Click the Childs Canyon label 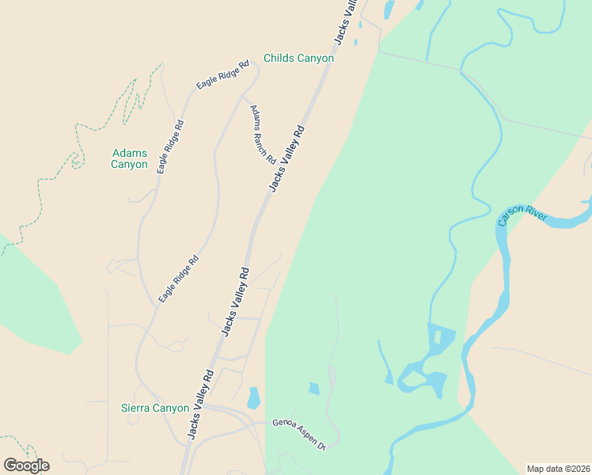[x=298, y=59]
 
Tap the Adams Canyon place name [x=129, y=159]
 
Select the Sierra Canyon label [x=155, y=408]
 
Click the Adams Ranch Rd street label [x=263, y=135]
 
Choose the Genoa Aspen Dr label [x=299, y=434]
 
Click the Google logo [x=26, y=465]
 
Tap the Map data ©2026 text [x=558, y=468]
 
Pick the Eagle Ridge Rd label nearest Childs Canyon [x=223, y=74]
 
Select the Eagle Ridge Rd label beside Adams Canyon [x=170, y=146]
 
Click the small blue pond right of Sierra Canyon [x=253, y=397]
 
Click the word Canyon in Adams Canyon [x=129, y=165]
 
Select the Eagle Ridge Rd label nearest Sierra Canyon [x=178, y=279]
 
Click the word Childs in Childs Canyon [x=279, y=59]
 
